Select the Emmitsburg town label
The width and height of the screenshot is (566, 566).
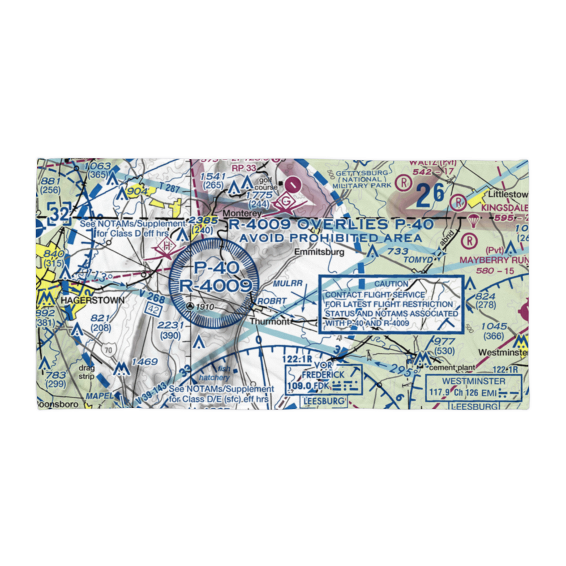pos(318,252)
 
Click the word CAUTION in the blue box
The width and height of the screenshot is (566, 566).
pos(391,284)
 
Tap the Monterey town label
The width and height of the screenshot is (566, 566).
pos(242,213)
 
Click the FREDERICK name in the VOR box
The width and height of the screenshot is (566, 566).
pos(323,375)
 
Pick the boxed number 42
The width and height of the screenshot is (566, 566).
pos(153,310)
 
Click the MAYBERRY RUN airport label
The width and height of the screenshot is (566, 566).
pos(493,260)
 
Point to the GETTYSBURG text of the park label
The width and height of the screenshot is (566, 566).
pos(362,173)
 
